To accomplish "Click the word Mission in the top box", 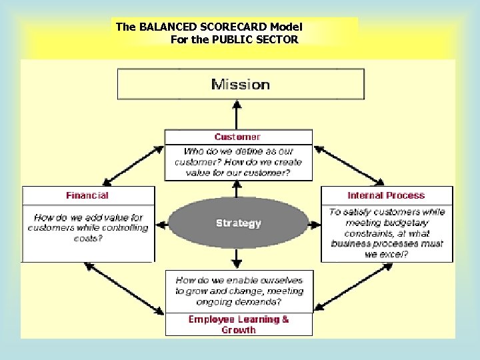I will tap(241, 85).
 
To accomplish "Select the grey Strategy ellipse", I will tap(239, 223).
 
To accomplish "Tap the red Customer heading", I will tap(238, 137).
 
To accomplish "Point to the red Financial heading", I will tap(87, 195).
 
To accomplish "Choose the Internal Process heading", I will tap(386, 195).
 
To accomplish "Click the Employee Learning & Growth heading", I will tap(239, 324).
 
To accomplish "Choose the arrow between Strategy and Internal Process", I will tap(315, 223).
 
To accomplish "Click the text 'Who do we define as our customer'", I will tap(239, 152).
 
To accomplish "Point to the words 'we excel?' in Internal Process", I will tap(386, 254).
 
